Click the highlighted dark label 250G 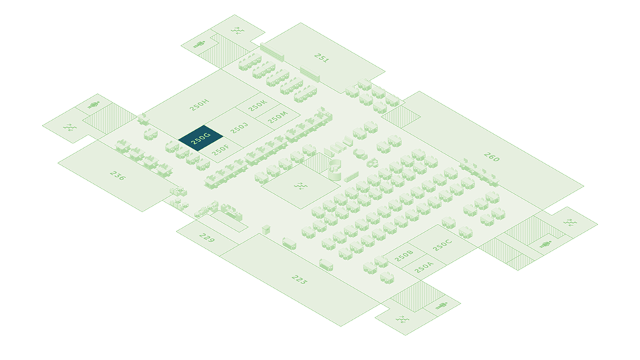click(201, 139)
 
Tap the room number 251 click(322, 59)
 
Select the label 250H click(199, 105)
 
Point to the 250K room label click(257, 105)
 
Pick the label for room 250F click(221, 151)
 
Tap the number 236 click(117, 176)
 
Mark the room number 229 click(207, 238)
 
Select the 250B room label click(404, 255)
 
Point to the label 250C click(442, 245)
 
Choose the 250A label click(423, 267)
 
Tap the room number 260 click(491, 158)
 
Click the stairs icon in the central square click(301, 185)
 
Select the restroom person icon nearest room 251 click(199, 45)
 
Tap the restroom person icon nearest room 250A click(441, 306)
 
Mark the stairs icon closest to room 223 click(403, 319)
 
